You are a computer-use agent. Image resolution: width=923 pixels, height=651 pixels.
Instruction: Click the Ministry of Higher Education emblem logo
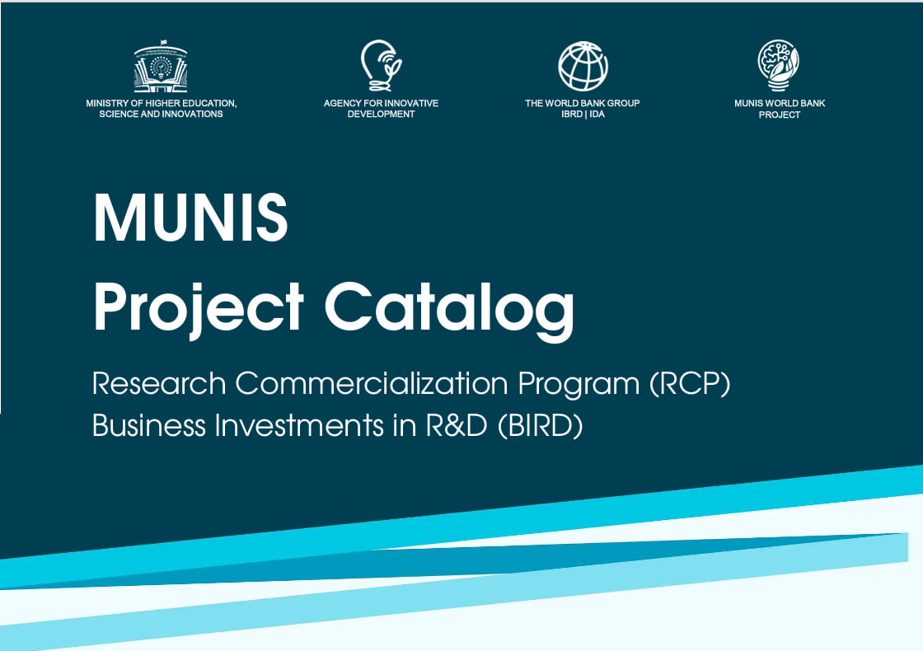click(161, 68)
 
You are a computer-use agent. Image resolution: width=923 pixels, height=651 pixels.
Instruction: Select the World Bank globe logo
click(583, 66)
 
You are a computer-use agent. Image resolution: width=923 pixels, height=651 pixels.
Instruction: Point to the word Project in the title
click(199, 307)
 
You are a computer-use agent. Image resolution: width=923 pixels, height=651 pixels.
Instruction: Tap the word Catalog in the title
click(449, 307)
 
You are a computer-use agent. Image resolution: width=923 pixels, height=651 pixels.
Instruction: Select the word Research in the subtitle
click(159, 383)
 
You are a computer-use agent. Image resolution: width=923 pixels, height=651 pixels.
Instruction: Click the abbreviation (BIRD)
click(540, 426)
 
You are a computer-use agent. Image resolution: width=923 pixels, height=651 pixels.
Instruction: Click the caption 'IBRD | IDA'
click(583, 115)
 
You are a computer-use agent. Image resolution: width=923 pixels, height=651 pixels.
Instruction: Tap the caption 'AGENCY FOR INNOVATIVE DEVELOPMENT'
click(381, 109)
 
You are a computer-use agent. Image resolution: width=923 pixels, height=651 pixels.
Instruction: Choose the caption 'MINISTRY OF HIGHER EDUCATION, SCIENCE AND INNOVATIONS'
click(161, 109)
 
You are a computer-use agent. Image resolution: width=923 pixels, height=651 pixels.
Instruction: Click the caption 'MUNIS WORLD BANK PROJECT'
click(779, 109)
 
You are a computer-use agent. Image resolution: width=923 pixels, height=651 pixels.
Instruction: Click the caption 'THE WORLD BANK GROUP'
click(583, 103)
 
